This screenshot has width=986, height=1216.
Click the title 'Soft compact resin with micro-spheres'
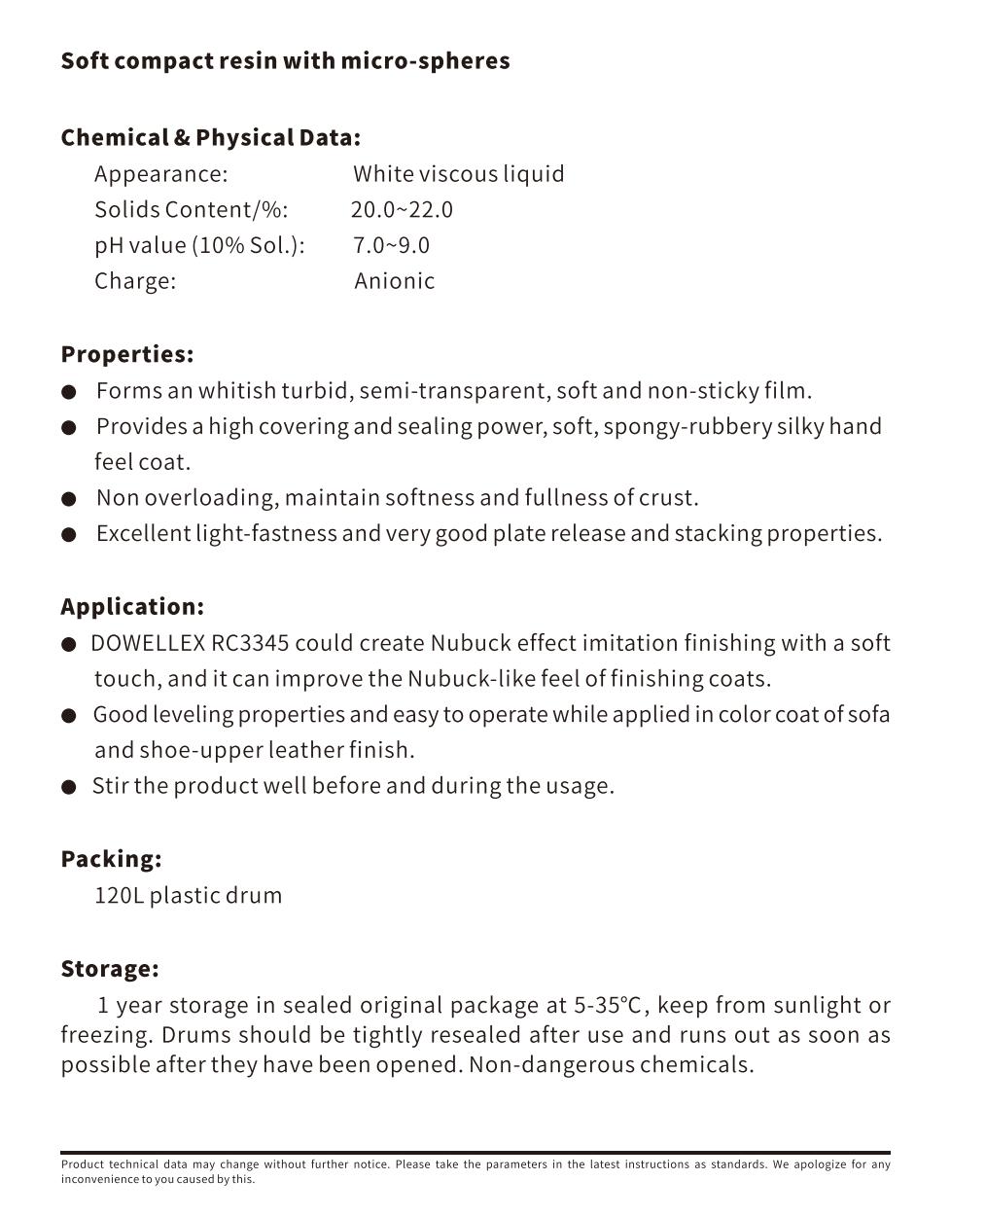285,61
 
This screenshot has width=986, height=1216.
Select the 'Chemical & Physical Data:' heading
210,138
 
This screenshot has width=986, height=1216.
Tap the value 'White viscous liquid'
458,174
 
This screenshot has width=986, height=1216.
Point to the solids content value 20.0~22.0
402,210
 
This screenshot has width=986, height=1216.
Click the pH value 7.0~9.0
391,245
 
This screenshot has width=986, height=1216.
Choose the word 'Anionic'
394,281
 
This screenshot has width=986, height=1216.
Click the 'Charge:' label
135,281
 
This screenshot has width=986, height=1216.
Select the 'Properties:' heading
126,354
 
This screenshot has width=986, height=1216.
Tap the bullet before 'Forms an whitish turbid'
68,392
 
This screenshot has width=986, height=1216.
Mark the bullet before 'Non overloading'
68,499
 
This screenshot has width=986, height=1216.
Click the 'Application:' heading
132,607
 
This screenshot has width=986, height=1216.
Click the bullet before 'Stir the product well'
68,787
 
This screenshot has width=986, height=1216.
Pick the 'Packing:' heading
111,860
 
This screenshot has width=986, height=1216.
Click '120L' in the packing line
119,896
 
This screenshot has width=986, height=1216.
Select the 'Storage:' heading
109,970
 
